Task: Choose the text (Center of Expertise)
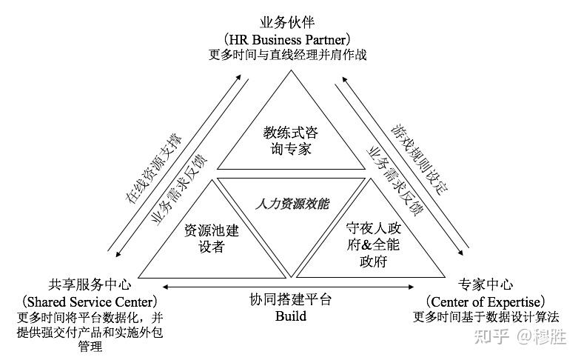(x=486, y=301)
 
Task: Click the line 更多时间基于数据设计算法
(x=486, y=318)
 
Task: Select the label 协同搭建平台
(x=291, y=300)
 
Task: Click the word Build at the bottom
(x=290, y=316)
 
